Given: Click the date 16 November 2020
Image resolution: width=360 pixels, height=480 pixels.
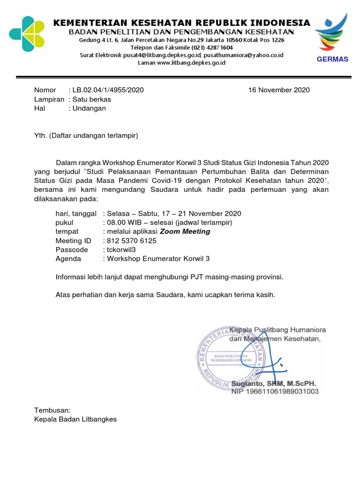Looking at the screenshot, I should [279, 90].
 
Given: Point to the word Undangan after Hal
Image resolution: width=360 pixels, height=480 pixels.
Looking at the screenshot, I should [89, 108].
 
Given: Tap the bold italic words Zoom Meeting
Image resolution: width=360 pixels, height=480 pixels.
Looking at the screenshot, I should [185, 232].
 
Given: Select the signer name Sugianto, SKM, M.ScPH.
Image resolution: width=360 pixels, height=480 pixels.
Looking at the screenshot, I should [274, 383].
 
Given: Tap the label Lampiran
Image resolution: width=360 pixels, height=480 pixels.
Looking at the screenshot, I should [49, 99].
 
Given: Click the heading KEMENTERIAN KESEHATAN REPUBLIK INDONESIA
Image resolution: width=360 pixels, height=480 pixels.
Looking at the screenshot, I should [181, 23].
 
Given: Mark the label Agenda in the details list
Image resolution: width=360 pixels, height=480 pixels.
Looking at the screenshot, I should [68, 258].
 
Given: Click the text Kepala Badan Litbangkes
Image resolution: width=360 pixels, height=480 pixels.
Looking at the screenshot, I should [75, 419].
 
